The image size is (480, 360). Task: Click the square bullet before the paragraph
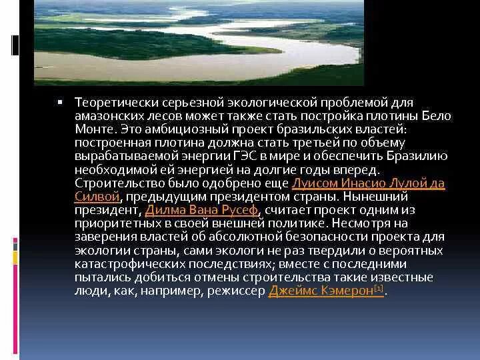(60, 102)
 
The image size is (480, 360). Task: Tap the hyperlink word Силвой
(97, 196)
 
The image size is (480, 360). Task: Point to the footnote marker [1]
(378, 288)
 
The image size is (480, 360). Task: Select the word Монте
(93, 129)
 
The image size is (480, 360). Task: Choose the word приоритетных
(114, 223)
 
